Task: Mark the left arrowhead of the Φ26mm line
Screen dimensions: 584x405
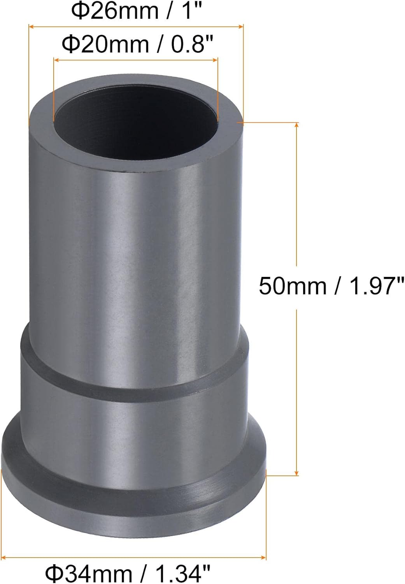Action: click(31, 26)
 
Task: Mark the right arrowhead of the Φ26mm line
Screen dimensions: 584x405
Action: click(242, 26)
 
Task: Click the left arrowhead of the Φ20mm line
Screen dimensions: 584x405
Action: click(56, 60)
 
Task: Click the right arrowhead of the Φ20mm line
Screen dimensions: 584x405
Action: click(216, 60)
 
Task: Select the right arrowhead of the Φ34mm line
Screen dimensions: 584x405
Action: click(264, 558)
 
